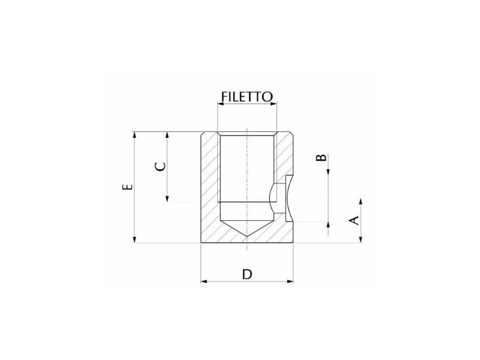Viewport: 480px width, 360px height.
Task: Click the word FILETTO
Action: click(x=247, y=97)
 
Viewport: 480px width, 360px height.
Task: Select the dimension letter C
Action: click(x=160, y=166)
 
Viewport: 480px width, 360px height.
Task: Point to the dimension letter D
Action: click(x=247, y=274)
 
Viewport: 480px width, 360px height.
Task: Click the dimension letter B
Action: click(x=321, y=157)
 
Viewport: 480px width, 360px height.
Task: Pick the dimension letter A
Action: click(x=354, y=220)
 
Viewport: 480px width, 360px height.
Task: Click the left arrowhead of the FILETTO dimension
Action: click(x=221, y=104)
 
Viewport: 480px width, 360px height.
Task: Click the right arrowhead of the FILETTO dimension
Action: click(x=273, y=104)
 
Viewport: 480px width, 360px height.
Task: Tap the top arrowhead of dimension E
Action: click(x=134, y=135)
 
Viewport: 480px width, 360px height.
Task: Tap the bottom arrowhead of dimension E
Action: click(x=134, y=240)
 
